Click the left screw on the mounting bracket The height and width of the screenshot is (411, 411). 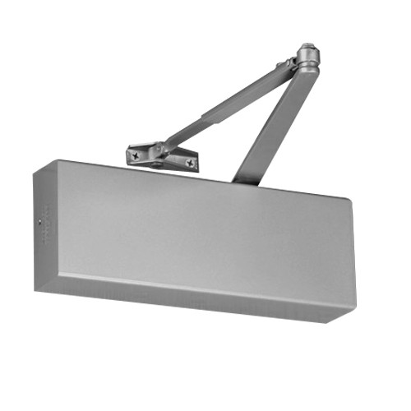coord(134,154)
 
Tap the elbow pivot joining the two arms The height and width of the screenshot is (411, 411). coord(307,59)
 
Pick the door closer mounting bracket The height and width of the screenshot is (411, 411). coord(162,157)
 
